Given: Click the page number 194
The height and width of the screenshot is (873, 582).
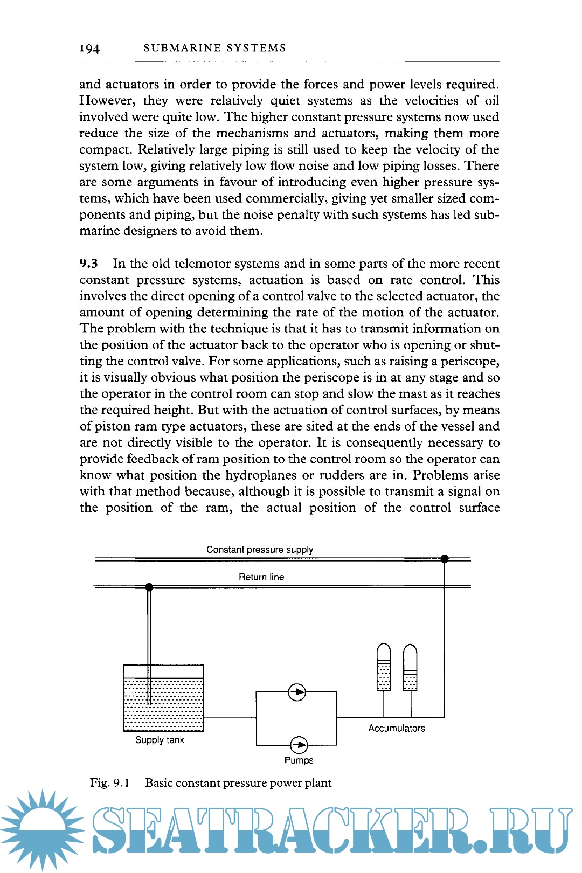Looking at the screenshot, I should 89,48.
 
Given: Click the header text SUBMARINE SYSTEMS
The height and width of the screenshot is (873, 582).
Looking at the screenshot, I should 214,48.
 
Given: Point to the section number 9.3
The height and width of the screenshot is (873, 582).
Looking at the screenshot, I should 89,264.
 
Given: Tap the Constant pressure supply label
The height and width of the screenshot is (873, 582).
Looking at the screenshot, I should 259,550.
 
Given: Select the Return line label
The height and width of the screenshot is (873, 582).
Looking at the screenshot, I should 261,577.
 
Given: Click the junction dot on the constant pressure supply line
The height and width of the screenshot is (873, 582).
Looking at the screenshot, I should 445,559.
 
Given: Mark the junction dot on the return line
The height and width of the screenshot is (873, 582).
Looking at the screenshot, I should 149,587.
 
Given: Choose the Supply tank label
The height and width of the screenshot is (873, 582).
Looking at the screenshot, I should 160,740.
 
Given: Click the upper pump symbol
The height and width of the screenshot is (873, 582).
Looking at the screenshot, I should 297,692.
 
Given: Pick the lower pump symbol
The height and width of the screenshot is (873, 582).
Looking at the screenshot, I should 299,745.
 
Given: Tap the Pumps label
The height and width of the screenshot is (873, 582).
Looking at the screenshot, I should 299,760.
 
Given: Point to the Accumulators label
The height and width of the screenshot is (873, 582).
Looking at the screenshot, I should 397,728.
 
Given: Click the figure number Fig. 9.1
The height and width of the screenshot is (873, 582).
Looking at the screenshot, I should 109,783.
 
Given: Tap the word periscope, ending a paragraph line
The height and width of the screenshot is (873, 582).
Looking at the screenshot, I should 468,361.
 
